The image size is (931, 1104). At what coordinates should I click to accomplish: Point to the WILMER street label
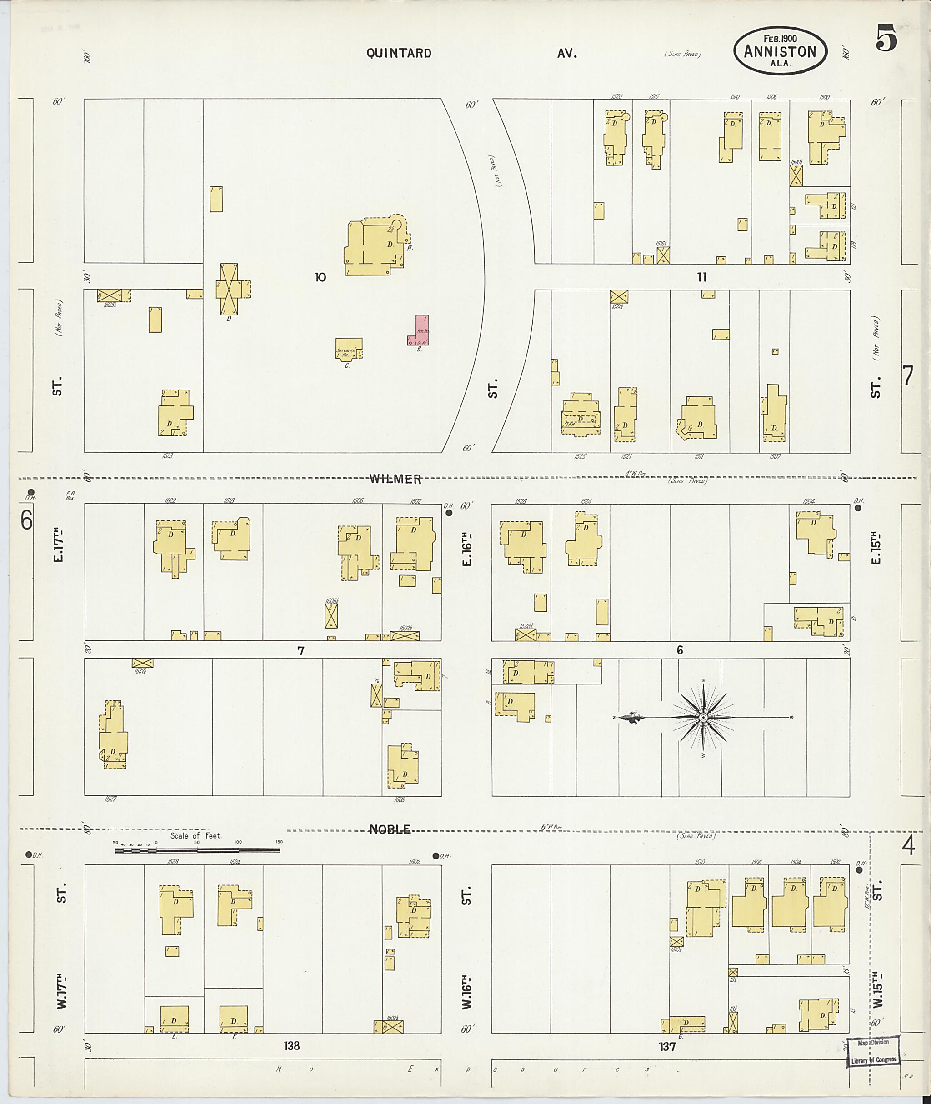395,479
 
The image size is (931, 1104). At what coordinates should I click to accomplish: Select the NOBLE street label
390,829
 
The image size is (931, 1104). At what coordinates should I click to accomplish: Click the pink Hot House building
419,331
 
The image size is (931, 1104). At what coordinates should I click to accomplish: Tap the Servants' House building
349,349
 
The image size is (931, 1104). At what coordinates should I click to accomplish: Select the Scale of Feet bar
197,849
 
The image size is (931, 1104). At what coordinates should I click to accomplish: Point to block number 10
320,277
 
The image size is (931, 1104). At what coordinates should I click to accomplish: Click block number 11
701,277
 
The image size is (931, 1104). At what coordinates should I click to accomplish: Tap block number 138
292,1045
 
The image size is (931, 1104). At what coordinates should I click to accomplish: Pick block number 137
667,1045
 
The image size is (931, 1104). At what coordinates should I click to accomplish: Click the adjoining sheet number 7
907,376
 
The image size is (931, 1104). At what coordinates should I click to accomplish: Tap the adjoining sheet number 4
908,846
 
